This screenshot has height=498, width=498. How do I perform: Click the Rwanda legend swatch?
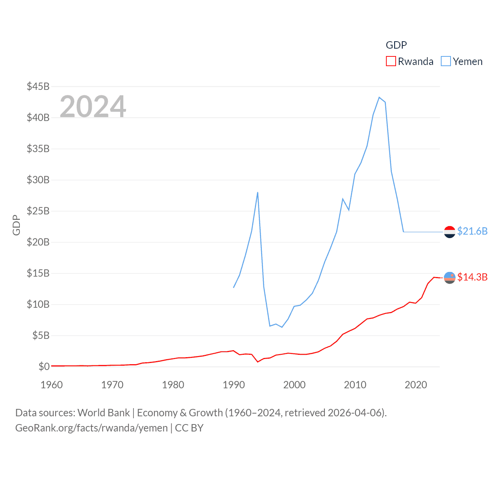tap(391, 61)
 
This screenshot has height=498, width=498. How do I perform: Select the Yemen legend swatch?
tap(446, 61)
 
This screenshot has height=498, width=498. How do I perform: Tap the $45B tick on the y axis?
tap(38, 86)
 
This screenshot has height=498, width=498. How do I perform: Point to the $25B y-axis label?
tap(38, 211)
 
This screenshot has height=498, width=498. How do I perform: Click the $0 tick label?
tap(44, 366)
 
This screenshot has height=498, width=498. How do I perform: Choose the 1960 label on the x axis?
tap(52, 385)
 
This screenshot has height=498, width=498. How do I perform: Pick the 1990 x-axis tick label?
tap(234, 385)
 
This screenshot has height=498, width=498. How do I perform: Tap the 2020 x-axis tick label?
tap(416, 385)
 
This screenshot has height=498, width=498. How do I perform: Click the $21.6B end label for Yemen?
tap(472, 231)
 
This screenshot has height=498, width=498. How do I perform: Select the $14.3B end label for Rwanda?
tap(472, 277)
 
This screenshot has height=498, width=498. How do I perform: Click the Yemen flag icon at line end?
tap(450, 232)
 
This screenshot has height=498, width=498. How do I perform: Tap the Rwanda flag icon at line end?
tap(450, 278)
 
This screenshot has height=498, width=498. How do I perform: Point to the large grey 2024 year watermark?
tap(93, 106)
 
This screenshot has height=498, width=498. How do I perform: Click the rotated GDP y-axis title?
tap(16, 225)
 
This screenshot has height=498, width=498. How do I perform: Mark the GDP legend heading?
tap(396, 45)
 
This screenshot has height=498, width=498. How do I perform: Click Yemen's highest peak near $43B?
tap(379, 97)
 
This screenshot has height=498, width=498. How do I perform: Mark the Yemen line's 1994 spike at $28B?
tap(258, 192)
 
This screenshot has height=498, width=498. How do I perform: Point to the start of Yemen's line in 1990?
tap(234, 288)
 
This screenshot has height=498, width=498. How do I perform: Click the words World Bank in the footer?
tap(103, 412)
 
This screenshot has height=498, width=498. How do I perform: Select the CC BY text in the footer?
tap(189, 428)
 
